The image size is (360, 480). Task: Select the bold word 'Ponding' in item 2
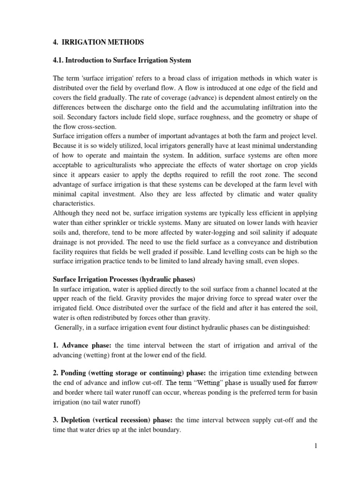point(63,373)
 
